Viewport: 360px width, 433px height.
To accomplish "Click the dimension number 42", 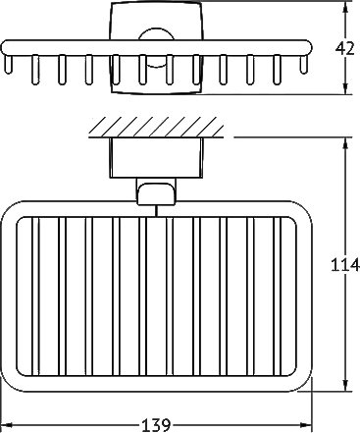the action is point(345,49).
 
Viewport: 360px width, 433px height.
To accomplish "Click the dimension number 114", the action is point(345,264).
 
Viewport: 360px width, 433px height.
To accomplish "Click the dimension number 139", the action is point(156,425).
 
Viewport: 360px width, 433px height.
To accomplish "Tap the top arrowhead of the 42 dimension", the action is point(344,7).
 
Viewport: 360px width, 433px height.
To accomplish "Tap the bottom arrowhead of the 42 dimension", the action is point(344,88).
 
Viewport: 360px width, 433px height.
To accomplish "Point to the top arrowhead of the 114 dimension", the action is point(345,143).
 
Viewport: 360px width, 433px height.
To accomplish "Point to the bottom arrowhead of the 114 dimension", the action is point(345,385).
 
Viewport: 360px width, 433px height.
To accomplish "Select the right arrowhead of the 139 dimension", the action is point(306,425).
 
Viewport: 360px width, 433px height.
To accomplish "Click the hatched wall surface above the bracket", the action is point(156,127).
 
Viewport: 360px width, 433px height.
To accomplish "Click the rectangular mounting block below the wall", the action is point(156,158).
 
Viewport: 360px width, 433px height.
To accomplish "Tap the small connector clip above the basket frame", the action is point(156,193).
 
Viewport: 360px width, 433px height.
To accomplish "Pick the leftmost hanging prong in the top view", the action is point(8,64).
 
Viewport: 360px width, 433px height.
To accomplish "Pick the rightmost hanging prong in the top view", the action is point(304,64).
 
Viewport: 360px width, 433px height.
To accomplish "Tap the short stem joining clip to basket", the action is point(156,211).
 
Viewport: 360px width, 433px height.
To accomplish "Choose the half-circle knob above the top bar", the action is point(156,33).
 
